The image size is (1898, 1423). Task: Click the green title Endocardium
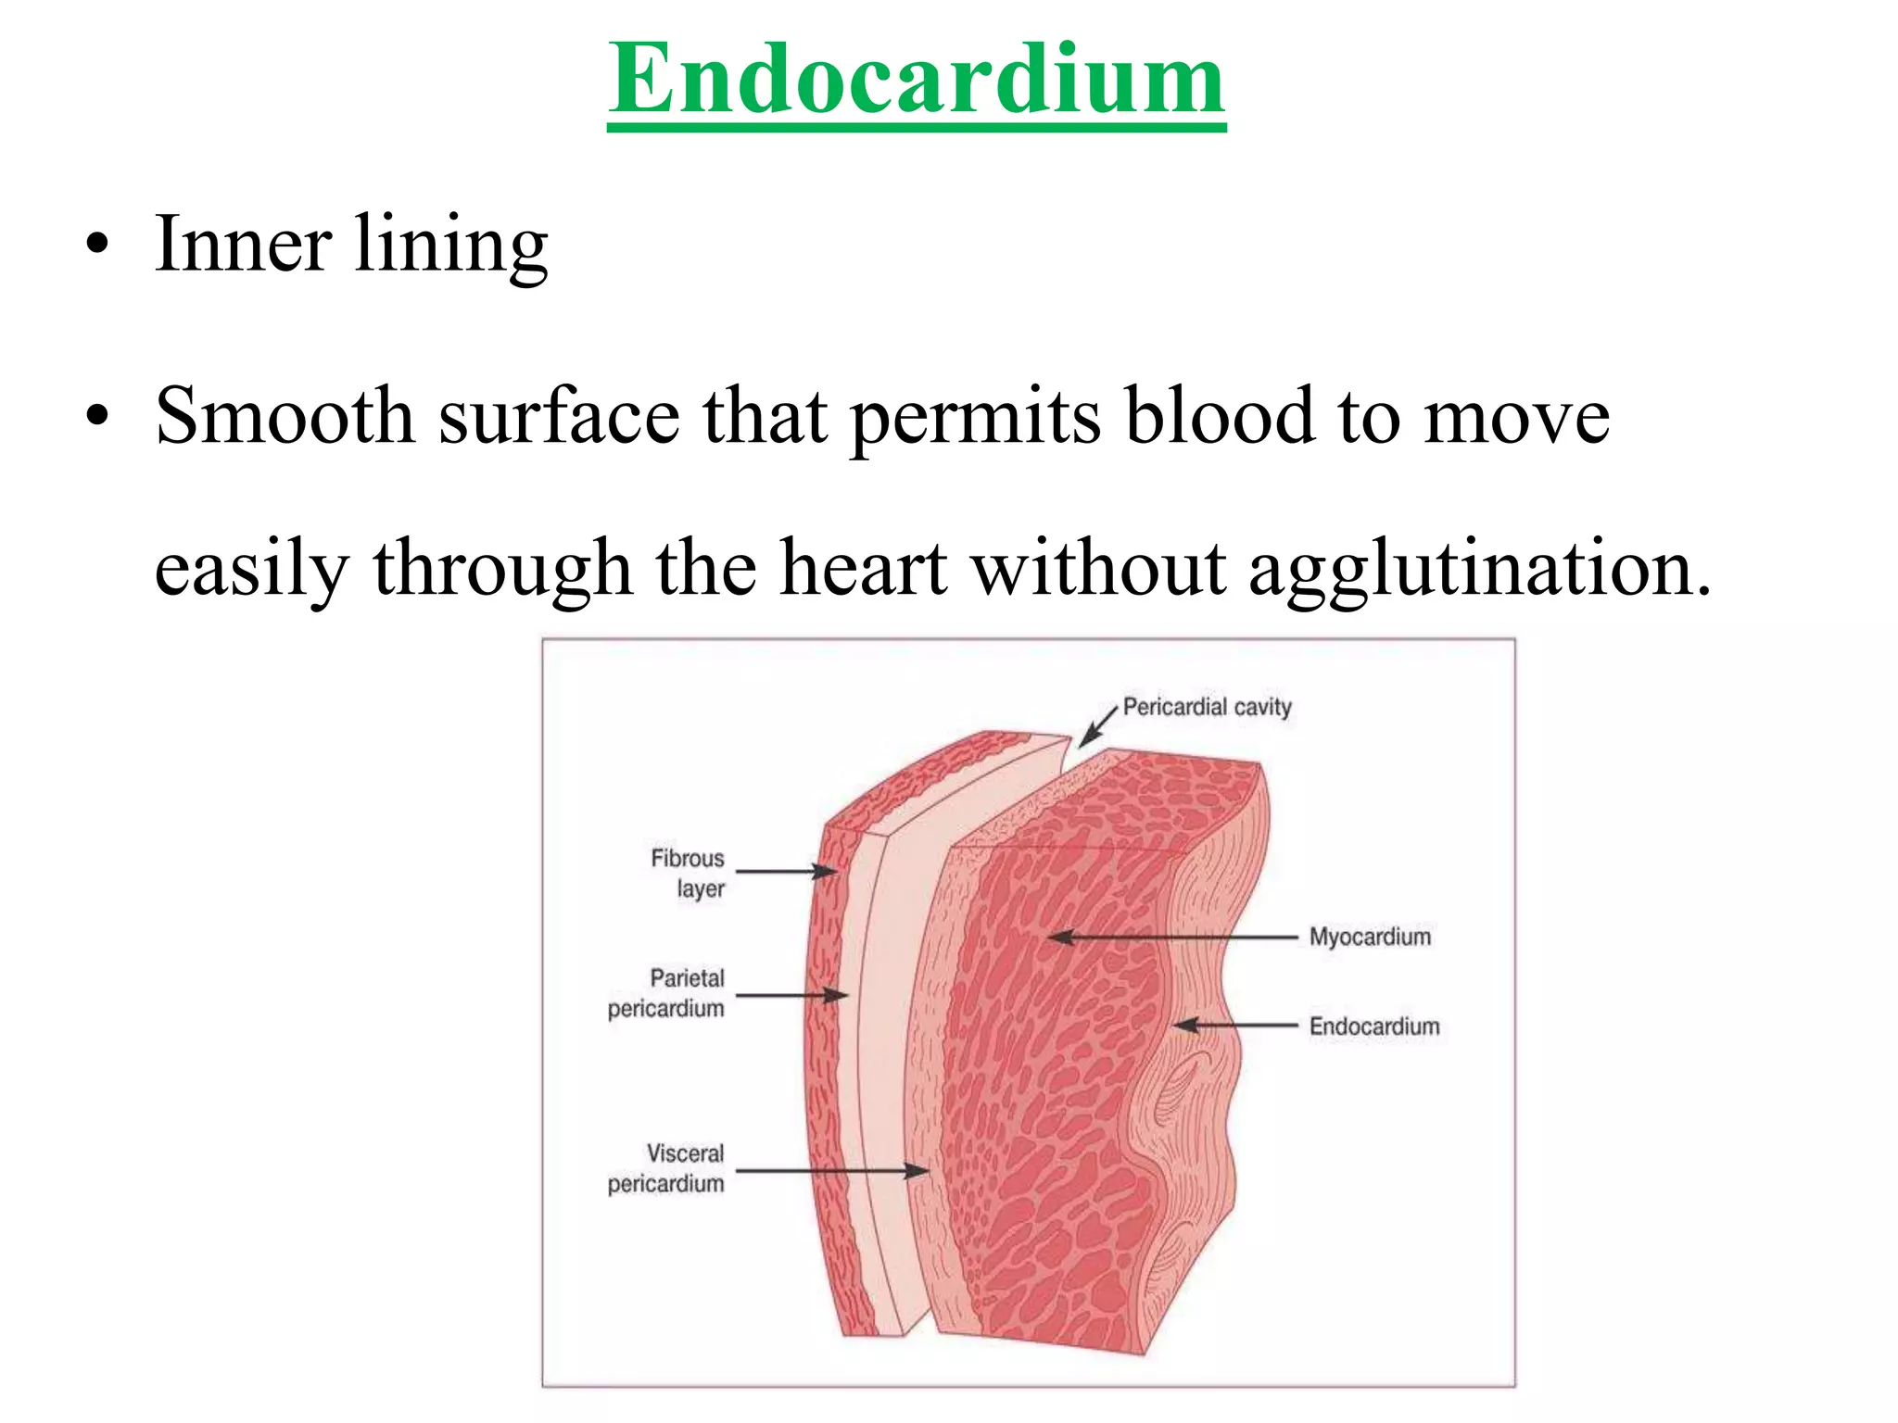(917, 81)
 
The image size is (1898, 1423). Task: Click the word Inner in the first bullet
(243, 244)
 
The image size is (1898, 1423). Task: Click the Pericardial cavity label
(1207, 708)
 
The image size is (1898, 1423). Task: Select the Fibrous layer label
(688, 873)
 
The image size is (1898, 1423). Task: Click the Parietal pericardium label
(667, 993)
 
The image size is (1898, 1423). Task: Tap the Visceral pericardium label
(667, 1168)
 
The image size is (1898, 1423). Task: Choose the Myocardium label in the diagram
(1370, 937)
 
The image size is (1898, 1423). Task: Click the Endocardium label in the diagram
(1374, 1026)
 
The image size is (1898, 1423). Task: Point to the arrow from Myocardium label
(1173, 938)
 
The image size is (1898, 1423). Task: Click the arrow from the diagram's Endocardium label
(1235, 1026)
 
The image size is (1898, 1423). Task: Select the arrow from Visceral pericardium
(831, 1171)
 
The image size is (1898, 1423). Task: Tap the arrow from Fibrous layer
(787, 871)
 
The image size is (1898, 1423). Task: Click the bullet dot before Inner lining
(96, 246)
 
